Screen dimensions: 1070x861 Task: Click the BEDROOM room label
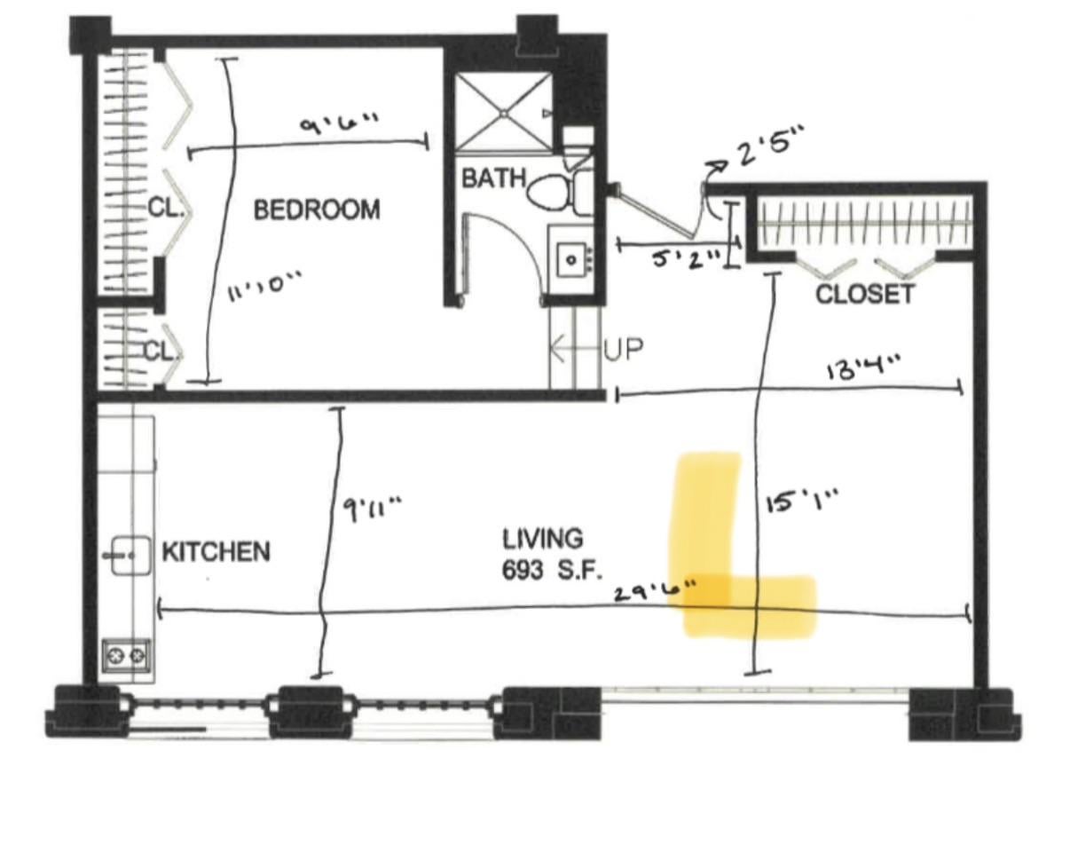click(317, 209)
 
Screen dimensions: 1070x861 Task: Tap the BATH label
click(493, 178)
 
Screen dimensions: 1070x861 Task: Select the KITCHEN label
click(216, 552)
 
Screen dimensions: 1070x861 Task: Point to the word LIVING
click(542, 539)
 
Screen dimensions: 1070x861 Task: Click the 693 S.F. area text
click(552, 570)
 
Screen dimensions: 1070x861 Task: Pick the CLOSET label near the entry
click(865, 294)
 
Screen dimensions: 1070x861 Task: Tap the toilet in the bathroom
click(559, 191)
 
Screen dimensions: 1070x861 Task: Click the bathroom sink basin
click(571, 259)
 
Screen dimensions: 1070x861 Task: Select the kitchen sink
click(130, 556)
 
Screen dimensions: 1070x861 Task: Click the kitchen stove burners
click(126, 656)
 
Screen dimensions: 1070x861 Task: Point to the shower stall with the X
click(504, 113)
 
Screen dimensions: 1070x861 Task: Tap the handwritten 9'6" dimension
click(339, 122)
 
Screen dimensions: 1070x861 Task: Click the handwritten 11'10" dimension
click(264, 286)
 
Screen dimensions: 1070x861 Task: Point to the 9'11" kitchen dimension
click(372, 509)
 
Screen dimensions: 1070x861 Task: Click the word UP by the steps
click(624, 349)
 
